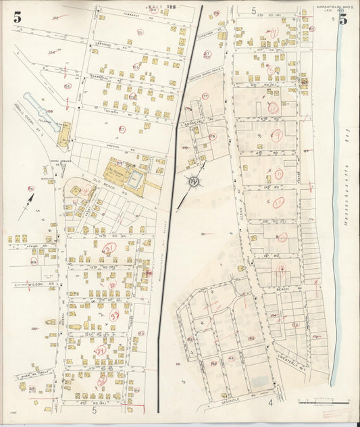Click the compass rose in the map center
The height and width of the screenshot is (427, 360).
pos(193,181)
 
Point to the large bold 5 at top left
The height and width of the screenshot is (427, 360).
pos(16,18)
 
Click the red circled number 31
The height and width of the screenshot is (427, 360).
pos(108,248)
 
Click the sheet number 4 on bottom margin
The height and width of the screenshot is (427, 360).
pos(269,403)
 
